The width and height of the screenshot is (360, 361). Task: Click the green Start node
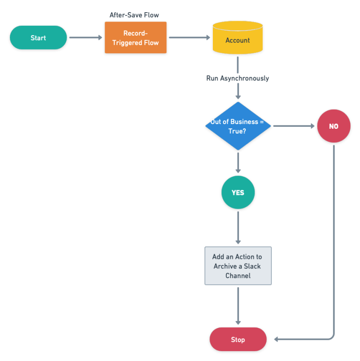pyautogui.click(x=38, y=38)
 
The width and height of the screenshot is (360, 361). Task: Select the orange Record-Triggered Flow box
pyautogui.click(x=135, y=38)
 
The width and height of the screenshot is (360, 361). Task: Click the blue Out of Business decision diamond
pyautogui.click(x=238, y=126)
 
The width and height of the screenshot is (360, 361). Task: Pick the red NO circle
pyautogui.click(x=333, y=126)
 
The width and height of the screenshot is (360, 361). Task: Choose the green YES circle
pyautogui.click(x=238, y=192)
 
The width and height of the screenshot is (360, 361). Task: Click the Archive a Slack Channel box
pyautogui.click(x=238, y=266)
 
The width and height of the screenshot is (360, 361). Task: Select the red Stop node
pyautogui.click(x=238, y=339)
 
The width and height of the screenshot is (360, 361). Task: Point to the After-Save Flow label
pyautogui.click(x=134, y=15)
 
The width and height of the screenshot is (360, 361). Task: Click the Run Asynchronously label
pyautogui.click(x=238, y=78)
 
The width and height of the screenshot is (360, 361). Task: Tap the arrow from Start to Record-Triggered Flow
pyautogui.click(x=85, y=38)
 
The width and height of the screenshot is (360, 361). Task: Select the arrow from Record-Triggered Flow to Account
pyautogui.click(x=189, y=38)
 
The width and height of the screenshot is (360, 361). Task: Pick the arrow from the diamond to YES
pyautogui.click(x=238, y=163)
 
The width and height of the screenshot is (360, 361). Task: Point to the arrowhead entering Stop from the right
pyautogui.click(x=277, y=339)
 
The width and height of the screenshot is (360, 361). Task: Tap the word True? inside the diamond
pyautogui.click(x=237, y=131)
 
